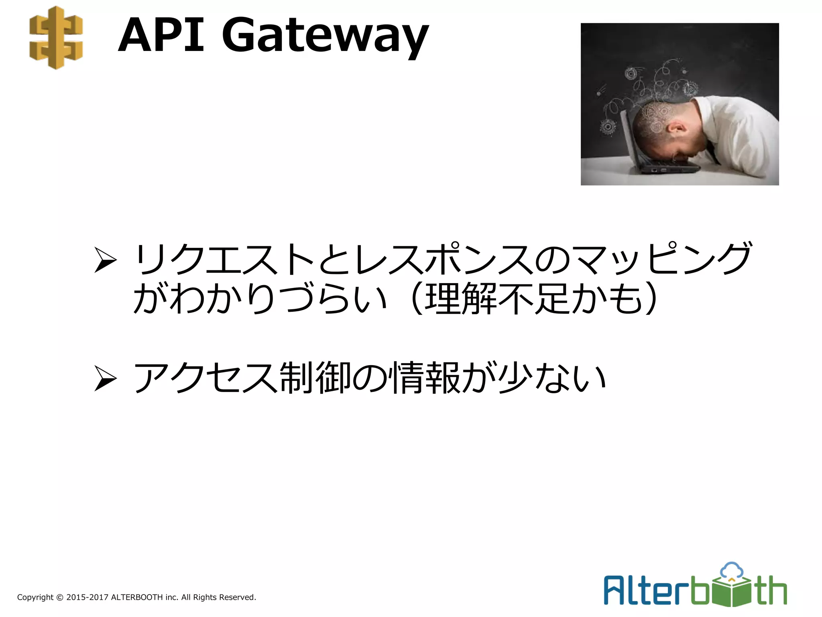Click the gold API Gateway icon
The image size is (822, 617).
pos(56,37)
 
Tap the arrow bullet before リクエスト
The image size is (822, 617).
pos(105,260)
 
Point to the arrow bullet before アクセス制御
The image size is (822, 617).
pos(105,378)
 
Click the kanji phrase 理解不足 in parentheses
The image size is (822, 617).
pos(497,298)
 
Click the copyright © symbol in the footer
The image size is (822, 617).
pos(60,597)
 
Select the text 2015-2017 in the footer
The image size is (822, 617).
pos(87,597)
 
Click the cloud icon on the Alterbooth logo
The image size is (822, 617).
pos(732,571)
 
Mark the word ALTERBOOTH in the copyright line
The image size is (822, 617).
pos(137,597)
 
